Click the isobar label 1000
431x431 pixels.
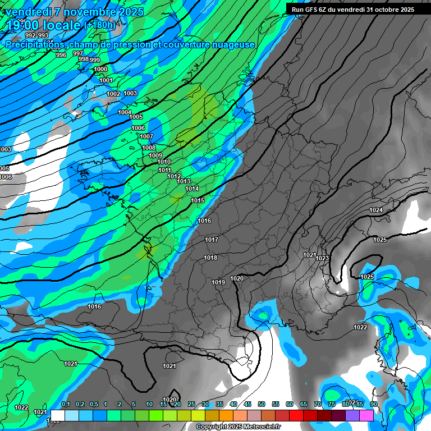[100, 70]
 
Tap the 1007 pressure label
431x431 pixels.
[146, 136]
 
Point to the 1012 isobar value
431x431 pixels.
[174, 176]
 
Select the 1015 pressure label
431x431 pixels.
[198, 200]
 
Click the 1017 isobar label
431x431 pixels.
[212, 240]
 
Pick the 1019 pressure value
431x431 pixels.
[218, 282]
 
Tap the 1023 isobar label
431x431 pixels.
[322, 258]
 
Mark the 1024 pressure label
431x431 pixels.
[376, 210]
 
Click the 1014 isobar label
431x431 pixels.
[192, 189]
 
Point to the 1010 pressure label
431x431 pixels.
[164, 162]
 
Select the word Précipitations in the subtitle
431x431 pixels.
[35, 45]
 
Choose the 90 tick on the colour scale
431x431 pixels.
[373, 404]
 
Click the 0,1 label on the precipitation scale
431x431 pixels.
[66, 404]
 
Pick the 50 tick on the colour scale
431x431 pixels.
[262, 404]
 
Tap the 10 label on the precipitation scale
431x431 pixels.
[149, 404]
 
